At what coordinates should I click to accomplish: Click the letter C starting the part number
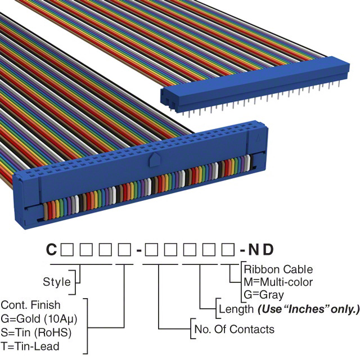coord(51,249)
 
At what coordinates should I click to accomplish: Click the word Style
coord(57,281)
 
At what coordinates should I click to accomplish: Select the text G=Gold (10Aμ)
coord(39,318)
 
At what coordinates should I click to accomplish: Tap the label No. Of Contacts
coord(234,328)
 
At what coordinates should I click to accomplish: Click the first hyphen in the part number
coord(138,249)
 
